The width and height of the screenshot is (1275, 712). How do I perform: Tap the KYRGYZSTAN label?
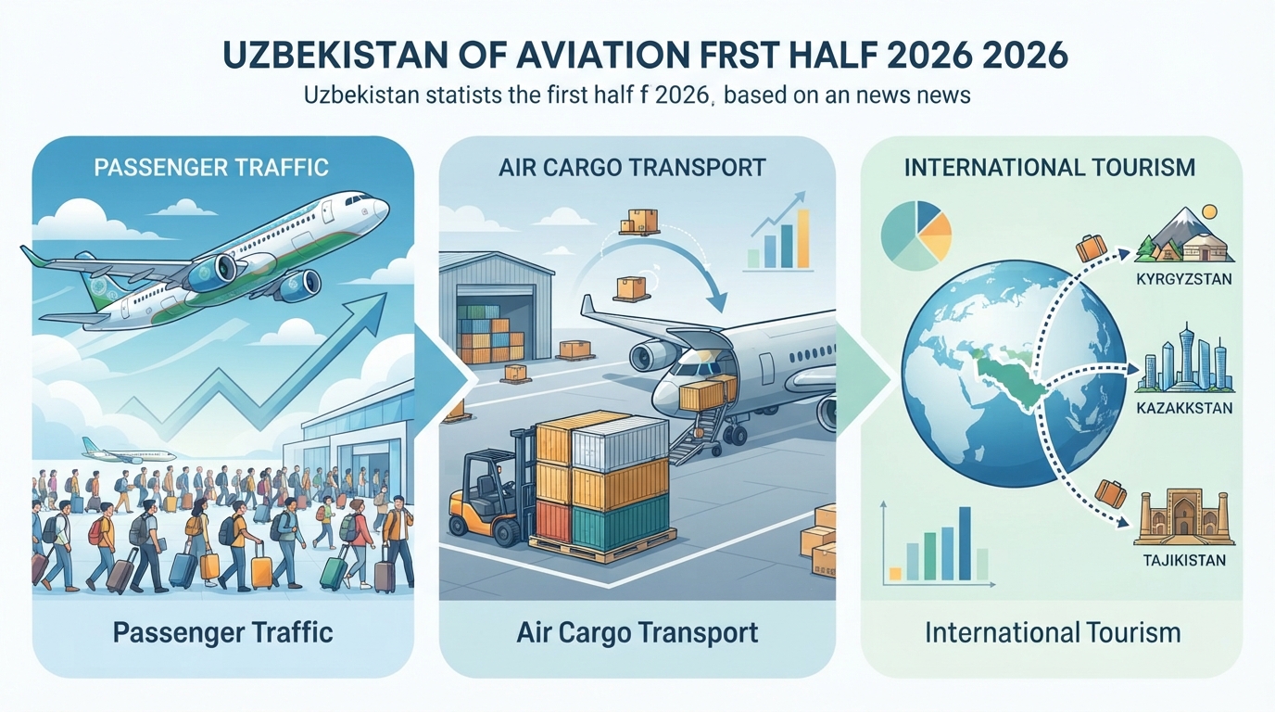[x=1183, y=279]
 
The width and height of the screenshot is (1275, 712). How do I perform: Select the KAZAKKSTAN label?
[x=1184, y=408]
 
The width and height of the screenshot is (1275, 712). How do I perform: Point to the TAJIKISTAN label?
[x=1184, y=560]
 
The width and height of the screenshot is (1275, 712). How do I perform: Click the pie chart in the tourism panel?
[x=915, y=235]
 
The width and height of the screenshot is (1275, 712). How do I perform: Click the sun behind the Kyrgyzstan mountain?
[x=1209, y=212]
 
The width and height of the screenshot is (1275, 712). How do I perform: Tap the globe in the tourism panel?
[x=1013, y=374]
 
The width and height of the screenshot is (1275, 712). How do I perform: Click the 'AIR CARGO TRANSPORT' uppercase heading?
[x=632, y=168]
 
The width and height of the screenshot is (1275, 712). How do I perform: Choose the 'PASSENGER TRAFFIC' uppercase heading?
[x=211, y=168]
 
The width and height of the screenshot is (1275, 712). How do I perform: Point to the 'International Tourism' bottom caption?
[x=1053, y=633]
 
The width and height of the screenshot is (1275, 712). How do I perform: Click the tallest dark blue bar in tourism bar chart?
[x=965, y=543]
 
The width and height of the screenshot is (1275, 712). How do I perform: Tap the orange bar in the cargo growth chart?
[x=803, y=238]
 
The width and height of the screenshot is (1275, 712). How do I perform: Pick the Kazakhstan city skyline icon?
[x=1184, y=359]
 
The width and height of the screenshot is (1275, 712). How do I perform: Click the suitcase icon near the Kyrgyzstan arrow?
[x=1091, y=248]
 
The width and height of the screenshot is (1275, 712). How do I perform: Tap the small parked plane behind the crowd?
[x=129, y=451]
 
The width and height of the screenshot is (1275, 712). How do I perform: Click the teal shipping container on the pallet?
[x=620, y=521]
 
